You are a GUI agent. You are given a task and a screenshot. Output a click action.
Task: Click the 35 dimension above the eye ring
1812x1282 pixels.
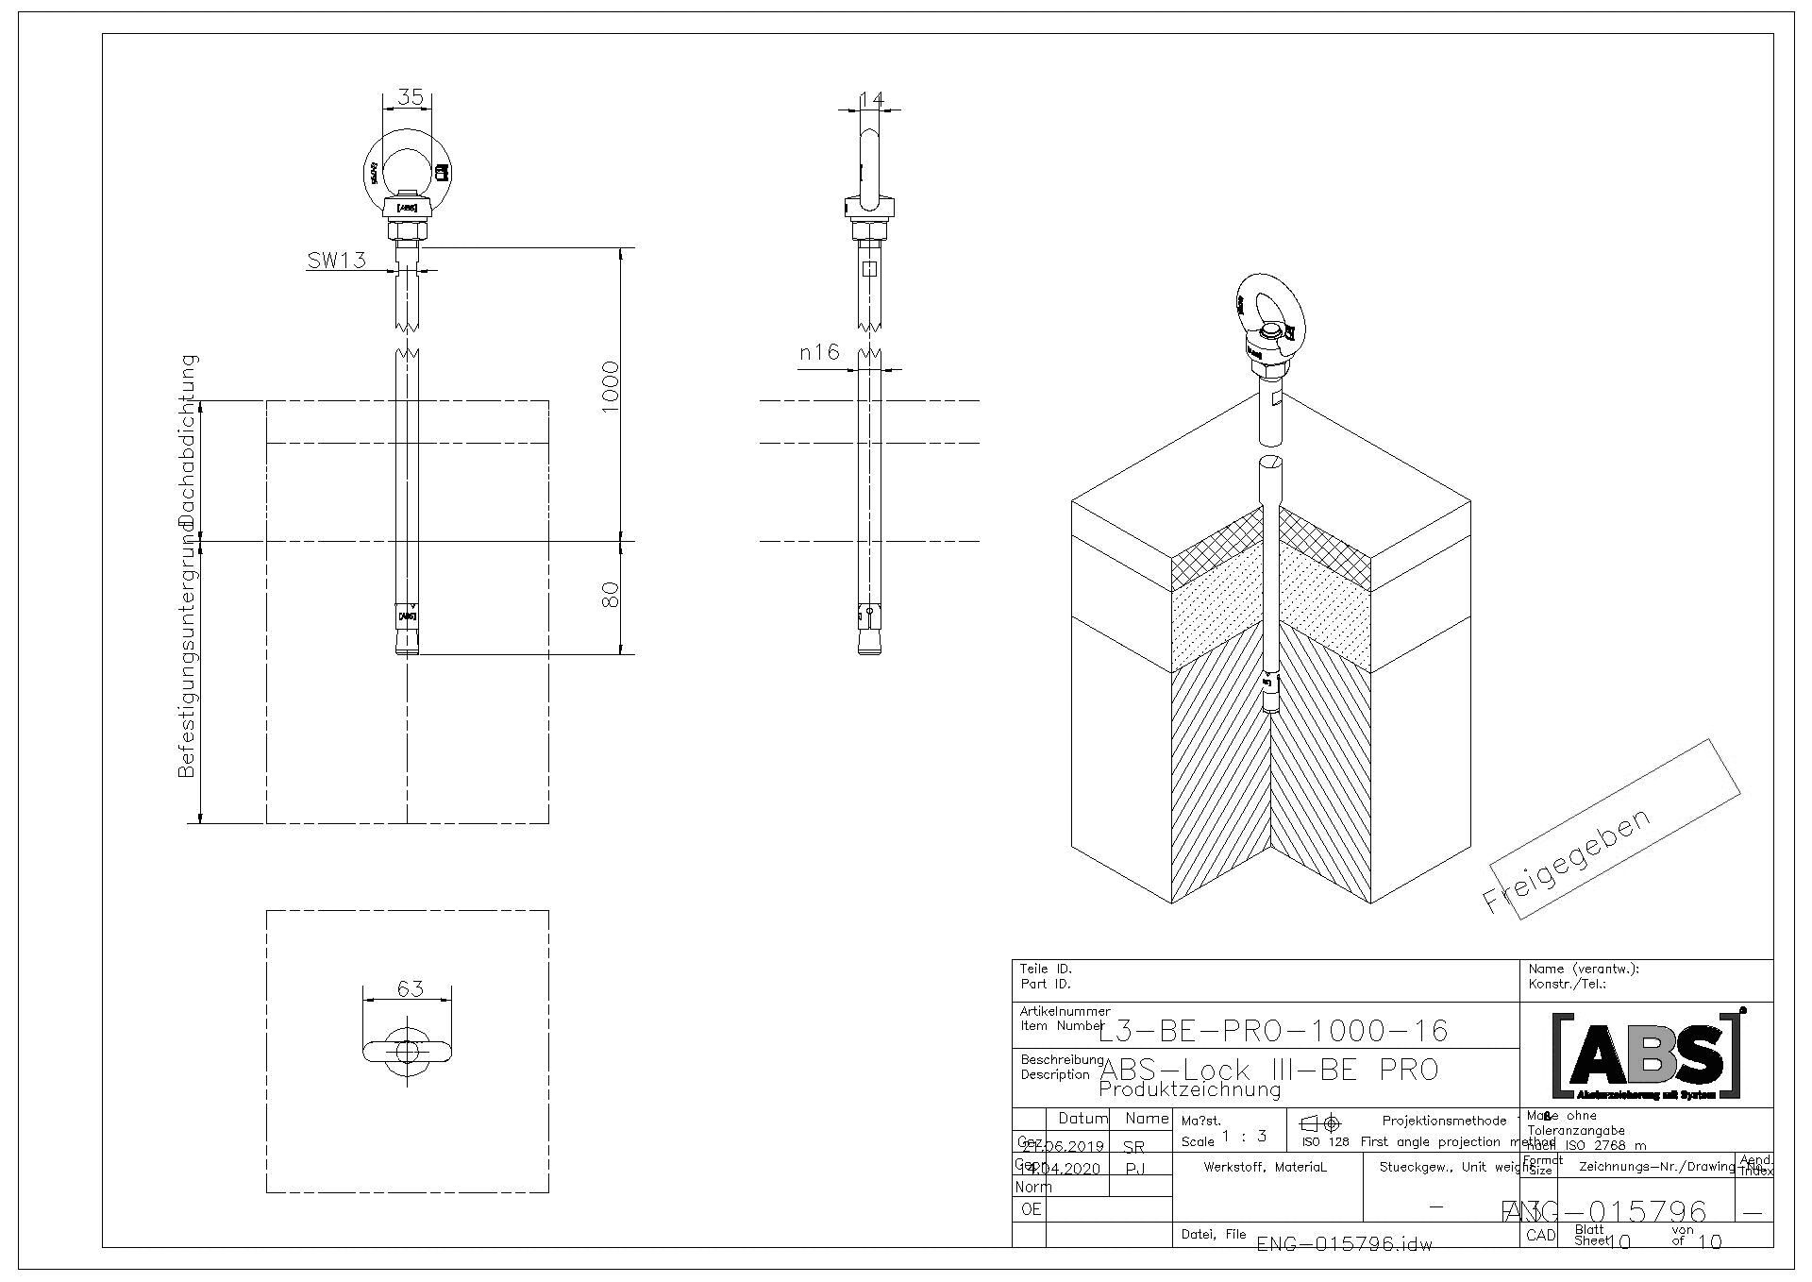(x=410, y=96)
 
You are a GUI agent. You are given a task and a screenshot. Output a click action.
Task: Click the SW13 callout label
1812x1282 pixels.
(x=336, y=260)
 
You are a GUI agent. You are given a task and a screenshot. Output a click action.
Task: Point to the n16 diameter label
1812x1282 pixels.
(x=819, y=353)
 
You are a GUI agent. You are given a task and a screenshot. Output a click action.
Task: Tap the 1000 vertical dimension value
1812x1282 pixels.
(x=610, y=385)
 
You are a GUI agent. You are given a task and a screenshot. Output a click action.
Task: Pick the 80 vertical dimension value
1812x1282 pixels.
(x=610, y=595)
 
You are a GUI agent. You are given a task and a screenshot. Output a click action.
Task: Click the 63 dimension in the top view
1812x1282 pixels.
(x=410, y=988)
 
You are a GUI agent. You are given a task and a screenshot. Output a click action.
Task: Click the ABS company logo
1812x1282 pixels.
(x=1647, y=1055)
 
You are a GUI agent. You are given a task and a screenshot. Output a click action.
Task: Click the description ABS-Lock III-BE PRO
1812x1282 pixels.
(x=1269, y=1070)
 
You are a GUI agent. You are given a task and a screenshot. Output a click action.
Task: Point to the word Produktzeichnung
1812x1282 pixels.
(x=1190, y=1090)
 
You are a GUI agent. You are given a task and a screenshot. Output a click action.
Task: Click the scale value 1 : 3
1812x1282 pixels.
(x=1244, y=1137)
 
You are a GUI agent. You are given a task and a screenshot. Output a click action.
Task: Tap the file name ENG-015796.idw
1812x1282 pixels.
(x=1344, y=1244)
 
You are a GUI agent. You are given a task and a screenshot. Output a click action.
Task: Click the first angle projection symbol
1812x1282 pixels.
(x=1320, y=1123)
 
